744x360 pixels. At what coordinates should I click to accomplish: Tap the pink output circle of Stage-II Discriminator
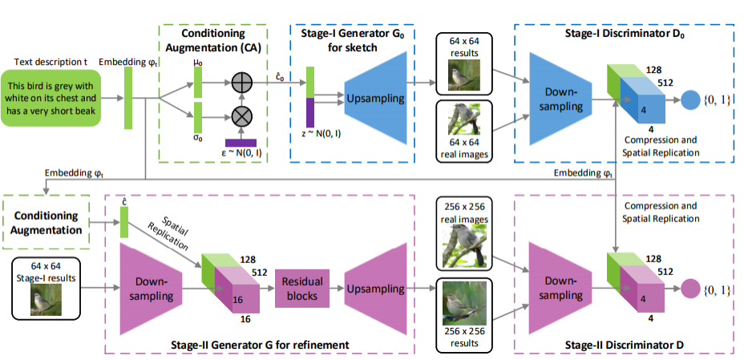coord(689,289)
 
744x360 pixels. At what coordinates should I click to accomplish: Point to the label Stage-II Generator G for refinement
coord(260,346)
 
